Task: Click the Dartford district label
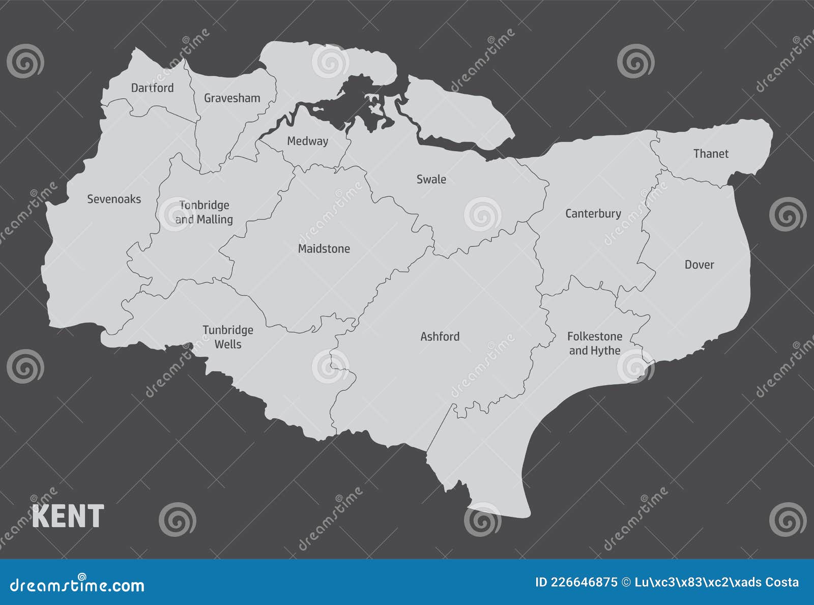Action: click(152, 88)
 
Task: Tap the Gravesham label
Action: click(232, 98)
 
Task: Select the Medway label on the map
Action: click(307, 141)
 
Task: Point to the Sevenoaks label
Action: click(114, 199)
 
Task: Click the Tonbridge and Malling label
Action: click(204, 212)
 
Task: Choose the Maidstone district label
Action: click(324, 249)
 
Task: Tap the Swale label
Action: click(431, 179)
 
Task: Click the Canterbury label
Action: click(593, 214)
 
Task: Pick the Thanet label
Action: click(711, 154)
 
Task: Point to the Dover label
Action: click(699, 265)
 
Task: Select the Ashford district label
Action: click(440, 336)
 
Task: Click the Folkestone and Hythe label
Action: click(595, 343)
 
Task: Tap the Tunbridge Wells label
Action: click(228, 337)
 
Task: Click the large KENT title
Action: click(68, 516)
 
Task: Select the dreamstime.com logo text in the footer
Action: click(77, 585)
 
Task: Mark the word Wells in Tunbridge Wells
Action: click(228, 344)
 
